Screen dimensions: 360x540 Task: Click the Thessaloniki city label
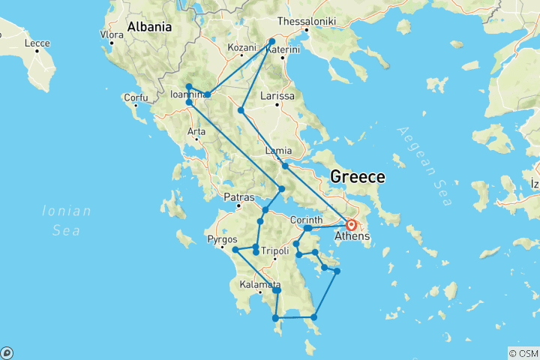coord(306,21)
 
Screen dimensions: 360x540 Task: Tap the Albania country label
coord(149,27)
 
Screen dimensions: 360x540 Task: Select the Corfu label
coord(136,97)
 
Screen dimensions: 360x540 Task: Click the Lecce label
coord(37,43)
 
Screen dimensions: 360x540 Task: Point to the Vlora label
coord(112,34)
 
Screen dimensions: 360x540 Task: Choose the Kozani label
coord(241,47)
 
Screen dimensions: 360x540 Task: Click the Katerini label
coord(283,49)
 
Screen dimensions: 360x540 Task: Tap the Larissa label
coord(277,96)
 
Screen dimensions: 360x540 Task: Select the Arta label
coord(196,132)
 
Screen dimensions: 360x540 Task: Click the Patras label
coord(239,197)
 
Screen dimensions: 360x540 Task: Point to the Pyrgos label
coord(222,241)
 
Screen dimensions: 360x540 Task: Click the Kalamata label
coord(260,285)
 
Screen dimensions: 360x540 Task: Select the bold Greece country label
coord(358,178)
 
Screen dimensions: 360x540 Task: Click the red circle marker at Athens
coord(350,224)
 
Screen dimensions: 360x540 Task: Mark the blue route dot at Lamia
coord(285,166)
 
